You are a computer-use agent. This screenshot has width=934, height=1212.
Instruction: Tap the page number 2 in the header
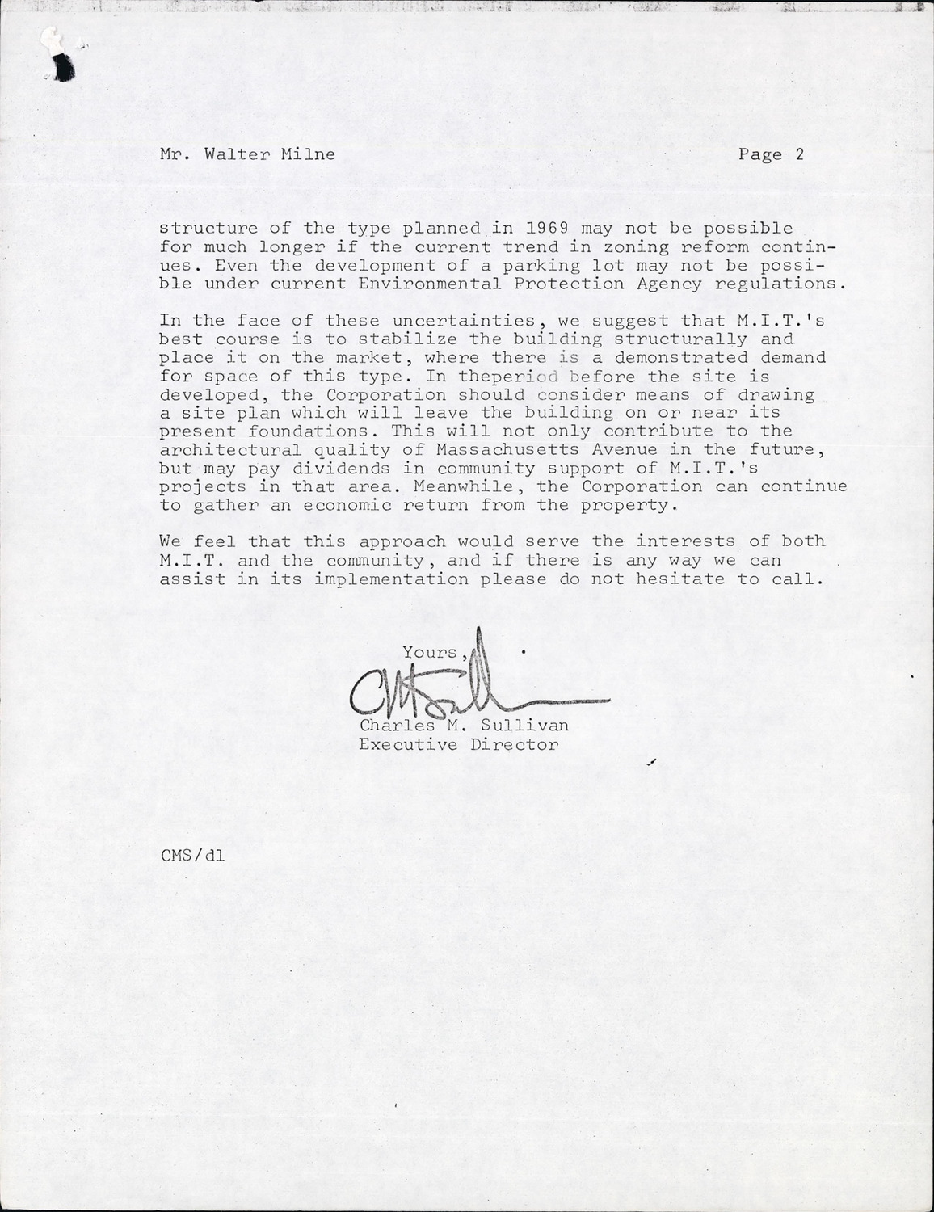coord(799,154)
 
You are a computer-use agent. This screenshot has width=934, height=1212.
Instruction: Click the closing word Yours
coord(431,653)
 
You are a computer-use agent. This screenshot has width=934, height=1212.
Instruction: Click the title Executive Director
coord(458,744)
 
